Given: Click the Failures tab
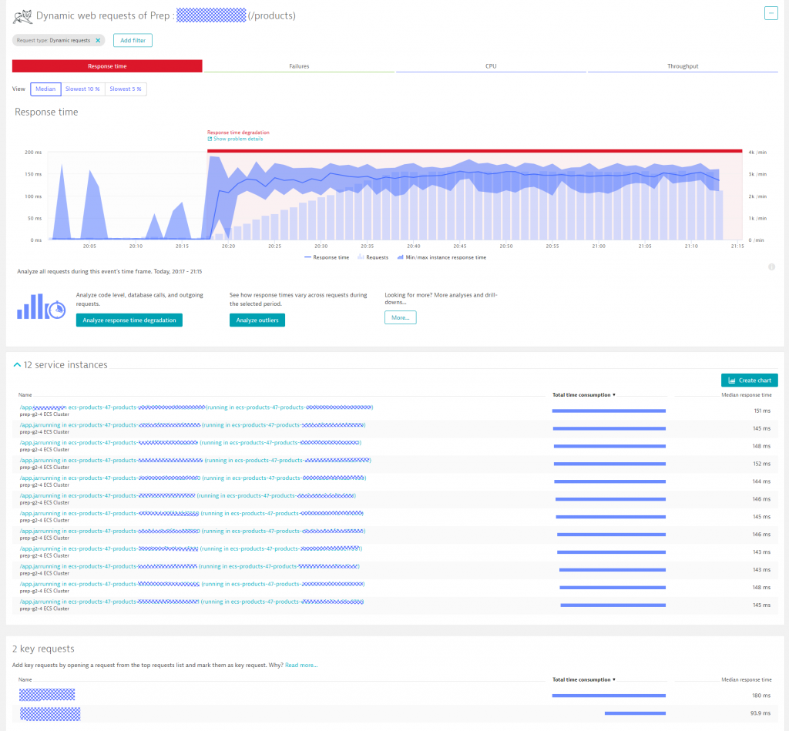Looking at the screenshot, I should (x=299, y=66).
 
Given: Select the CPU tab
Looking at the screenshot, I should (x=491, y=66).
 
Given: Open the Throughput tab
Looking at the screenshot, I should (x=683, y=66).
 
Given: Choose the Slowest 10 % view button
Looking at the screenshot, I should (x=82, y=89).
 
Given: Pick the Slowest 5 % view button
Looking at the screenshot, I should (x=126, y=89).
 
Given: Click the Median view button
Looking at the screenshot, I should (x=45, y=89).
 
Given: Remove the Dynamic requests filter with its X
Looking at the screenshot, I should (x=98, y=40).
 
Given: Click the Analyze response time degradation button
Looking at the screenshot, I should (x=129, y=320).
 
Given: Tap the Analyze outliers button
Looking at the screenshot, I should (x=257, y=320).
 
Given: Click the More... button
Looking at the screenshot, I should (x=400, y=317).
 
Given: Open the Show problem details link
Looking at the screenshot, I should (x=238, y=139).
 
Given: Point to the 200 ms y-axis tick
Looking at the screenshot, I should (x=33, y=153).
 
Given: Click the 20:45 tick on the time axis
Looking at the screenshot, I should (x=460, y=246).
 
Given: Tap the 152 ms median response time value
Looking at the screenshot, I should (x=762, y=464).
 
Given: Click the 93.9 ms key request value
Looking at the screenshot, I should (x=761, y=713).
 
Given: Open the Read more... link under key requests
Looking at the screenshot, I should (x=301, y=665).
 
